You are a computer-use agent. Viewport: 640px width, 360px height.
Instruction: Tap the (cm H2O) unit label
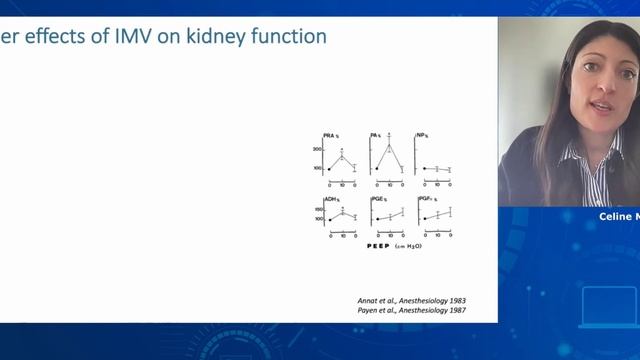click(x=405, y=246)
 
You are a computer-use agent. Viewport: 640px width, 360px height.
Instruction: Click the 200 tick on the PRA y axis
click(x=317, y=148)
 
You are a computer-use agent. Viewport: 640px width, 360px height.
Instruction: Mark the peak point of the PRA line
click(x=342, y=155)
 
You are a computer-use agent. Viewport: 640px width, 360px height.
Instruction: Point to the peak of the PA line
click(x=390, y=142)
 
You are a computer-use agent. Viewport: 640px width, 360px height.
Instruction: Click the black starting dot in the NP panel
click(x=424, y=168)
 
